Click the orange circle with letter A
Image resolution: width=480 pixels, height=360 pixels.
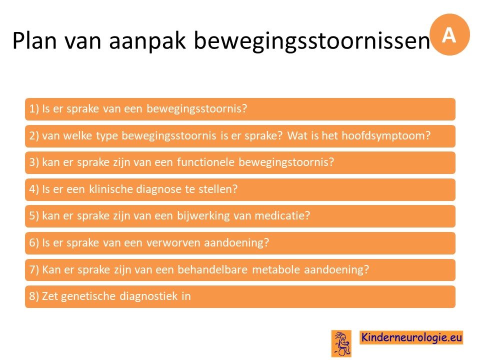(x=449, y=34)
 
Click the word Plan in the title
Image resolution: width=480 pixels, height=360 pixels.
(x=34, y=40)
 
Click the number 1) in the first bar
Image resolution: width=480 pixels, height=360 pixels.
(x=34, y=109)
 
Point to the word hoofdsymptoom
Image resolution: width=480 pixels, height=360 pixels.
(x=386, y=135)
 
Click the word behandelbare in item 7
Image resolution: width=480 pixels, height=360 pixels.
(x=212, y=269)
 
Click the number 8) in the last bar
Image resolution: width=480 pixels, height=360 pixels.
(x=34, y=296)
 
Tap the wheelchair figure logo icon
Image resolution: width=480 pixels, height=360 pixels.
(x=341, y=343)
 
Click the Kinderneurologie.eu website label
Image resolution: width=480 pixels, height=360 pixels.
(x=411, y=337)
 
